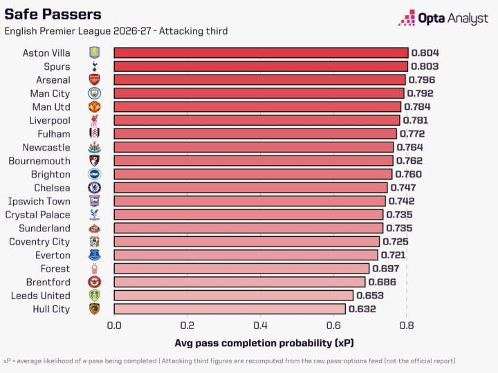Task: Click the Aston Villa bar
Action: (x=261, y=52)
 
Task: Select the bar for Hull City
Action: (x=230, y=309)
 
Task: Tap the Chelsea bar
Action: (x=250, y=188)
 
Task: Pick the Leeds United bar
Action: (x=234, y=296)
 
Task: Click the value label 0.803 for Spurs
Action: (x=425, y=66)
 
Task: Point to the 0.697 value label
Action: (x=385, y=269)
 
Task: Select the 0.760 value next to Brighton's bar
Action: (x=409, y=174)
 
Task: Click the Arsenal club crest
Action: (x=94, y=79)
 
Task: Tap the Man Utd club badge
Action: (x=94, y=107)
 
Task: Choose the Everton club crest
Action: (x=94, y=255)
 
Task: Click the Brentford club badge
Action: (x=94, y=282)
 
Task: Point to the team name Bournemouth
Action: (x=39, y=161)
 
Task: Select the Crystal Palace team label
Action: (x=37, y=215)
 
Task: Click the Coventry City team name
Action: (x=39, y=242)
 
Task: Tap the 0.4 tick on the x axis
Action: (x=261, y=325)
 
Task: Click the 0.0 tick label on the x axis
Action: (x=114, y=325)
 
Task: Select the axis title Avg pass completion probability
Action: (x=264, y=343)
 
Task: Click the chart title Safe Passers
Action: (x=53, y=15)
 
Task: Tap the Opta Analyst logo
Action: (x=443, y=18)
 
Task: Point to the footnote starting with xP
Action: (x=230, y=361)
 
